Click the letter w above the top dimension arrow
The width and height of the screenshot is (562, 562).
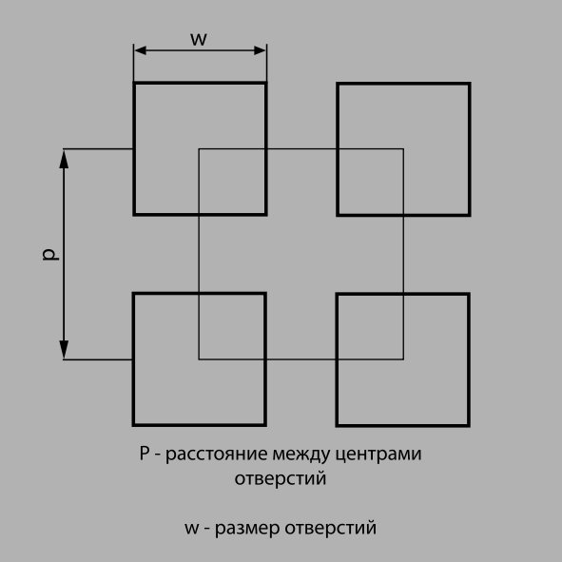[199, 39]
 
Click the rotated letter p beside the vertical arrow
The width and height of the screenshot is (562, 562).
[50, 254]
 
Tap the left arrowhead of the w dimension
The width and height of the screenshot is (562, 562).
[140, 50]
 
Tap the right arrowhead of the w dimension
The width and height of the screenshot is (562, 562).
[260, 50]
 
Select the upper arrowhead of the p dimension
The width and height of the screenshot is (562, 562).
[64, 160]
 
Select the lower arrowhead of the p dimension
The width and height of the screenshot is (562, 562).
[64, 349]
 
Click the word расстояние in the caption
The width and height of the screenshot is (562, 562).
[217, 455]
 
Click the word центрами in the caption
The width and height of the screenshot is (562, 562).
[378, 455]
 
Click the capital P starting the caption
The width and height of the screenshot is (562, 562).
[145, 453]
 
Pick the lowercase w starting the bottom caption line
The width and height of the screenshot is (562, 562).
[192, 529]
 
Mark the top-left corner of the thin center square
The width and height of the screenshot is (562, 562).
[199, 148]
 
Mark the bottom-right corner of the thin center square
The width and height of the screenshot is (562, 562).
[403, 359]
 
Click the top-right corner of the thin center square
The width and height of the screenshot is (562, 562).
[403, 148]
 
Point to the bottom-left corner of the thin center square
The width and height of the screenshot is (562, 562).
[199, 359]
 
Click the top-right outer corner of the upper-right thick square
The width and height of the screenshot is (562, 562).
[471, 83]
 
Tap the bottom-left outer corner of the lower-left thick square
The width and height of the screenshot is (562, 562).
[132, 427]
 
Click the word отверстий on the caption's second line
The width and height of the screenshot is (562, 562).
[281, 479]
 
